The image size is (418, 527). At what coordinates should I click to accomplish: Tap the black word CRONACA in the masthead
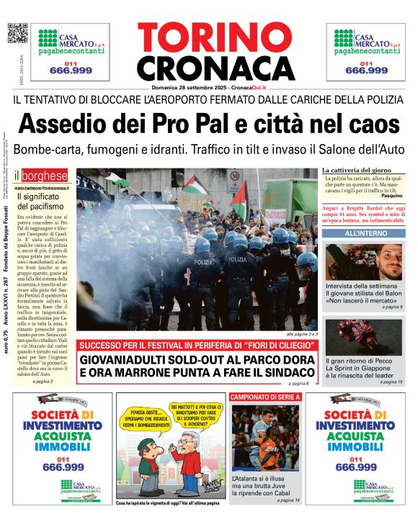point(205,68)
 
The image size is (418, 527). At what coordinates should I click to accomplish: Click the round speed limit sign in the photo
point(235,176)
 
